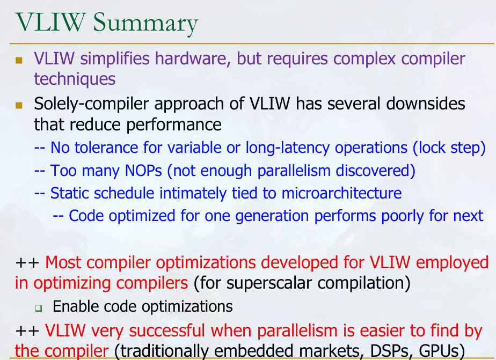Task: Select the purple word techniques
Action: (75, 79)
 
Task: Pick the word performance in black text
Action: (174, 125)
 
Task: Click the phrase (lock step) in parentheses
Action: (449, 148)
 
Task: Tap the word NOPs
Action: (144, 171)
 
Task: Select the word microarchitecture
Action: (341, 193)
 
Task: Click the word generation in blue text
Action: (272, 216)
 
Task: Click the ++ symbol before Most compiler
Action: (27, 263)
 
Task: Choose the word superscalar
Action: (270, 283)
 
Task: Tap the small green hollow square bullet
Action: (38, 307)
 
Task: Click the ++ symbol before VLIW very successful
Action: (27, 331)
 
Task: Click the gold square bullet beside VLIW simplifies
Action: (19, 60)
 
